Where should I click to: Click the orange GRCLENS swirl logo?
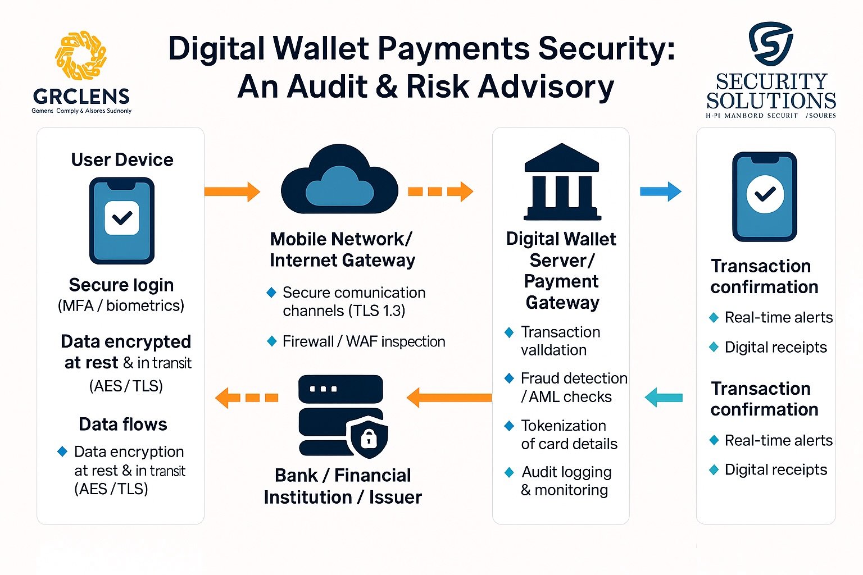81,55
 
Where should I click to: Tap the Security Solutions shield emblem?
770,43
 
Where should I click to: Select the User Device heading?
122,160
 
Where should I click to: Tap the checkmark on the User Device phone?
122,217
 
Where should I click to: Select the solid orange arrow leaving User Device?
232,191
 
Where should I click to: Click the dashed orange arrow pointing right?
440,191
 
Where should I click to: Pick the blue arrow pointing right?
660,191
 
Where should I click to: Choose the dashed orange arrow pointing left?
247,398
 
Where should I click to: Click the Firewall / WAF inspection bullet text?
364,341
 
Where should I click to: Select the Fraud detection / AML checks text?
573,387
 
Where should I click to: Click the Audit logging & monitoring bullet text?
566,481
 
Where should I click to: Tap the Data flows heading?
123,424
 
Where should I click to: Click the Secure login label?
121,285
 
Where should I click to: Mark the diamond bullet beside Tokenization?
509,426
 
